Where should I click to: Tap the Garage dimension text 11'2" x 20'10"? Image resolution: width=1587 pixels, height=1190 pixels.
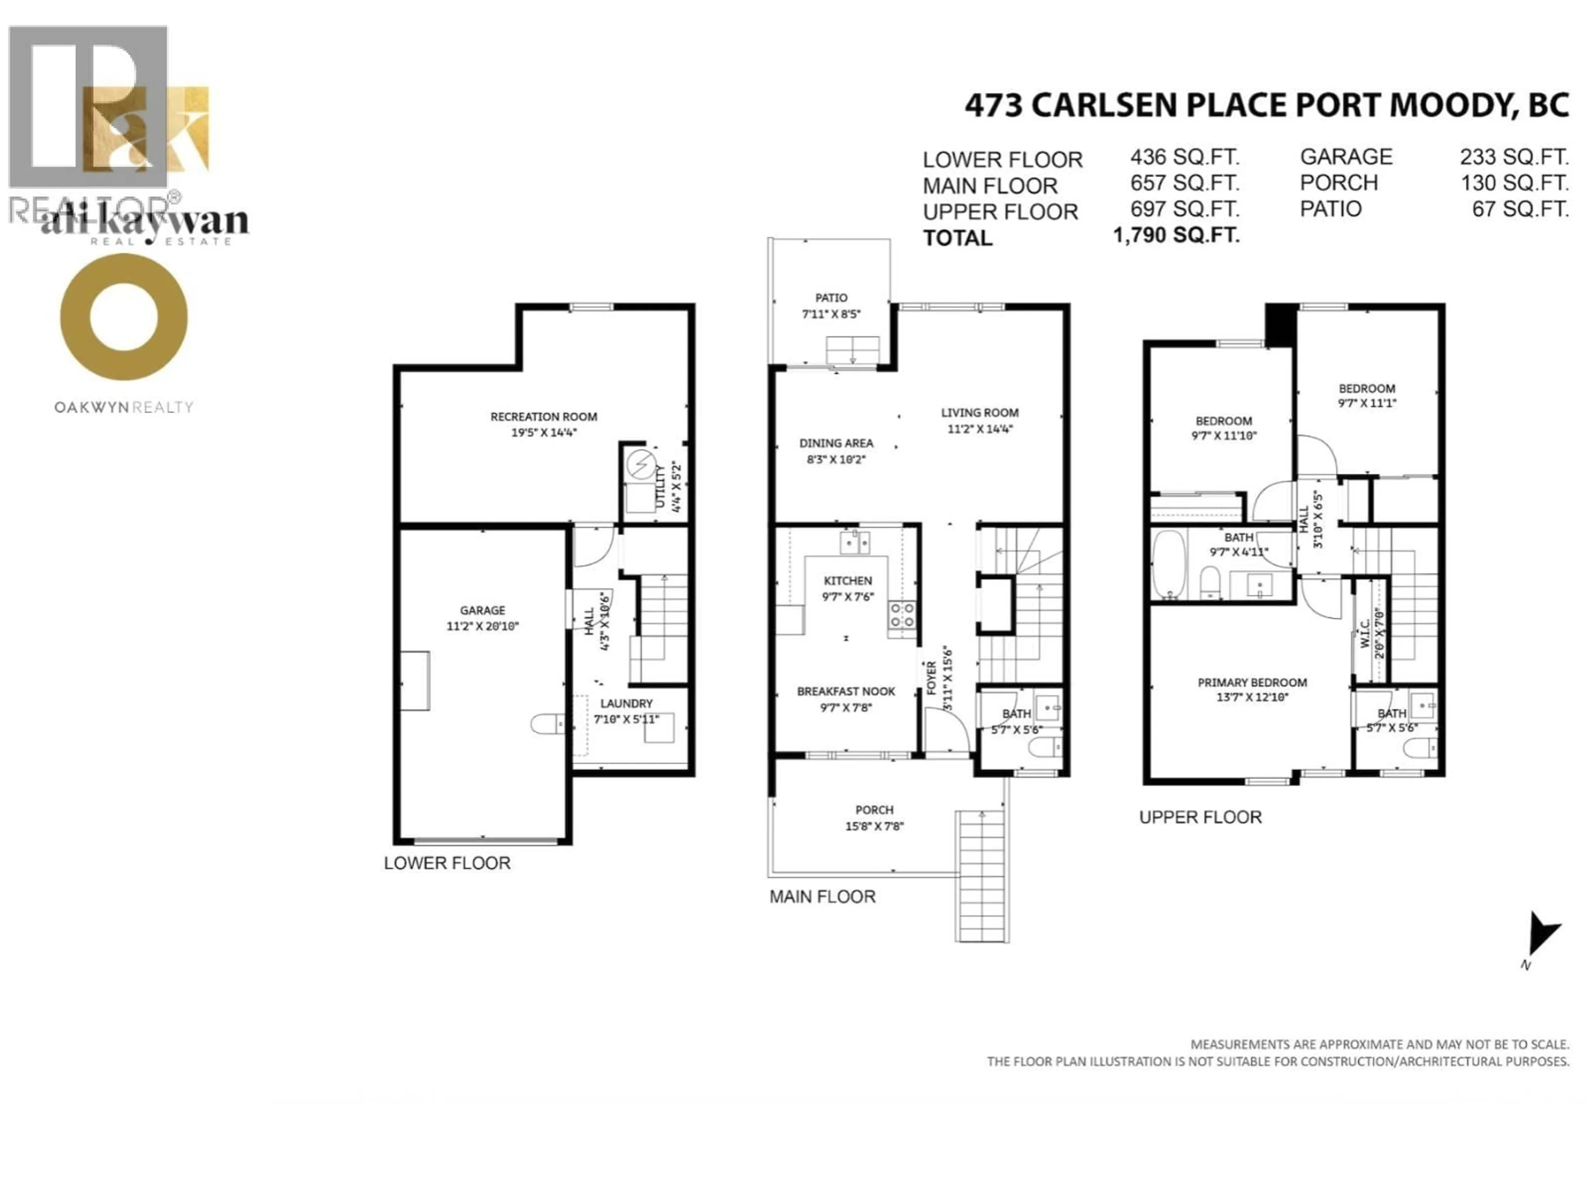(x=482, y=626)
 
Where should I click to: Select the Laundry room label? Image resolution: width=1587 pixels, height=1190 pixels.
(x=627, y=704)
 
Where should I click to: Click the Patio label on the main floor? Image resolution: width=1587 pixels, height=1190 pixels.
(x=831, y=297)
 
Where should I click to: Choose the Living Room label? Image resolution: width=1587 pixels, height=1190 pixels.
(x=979, y=412)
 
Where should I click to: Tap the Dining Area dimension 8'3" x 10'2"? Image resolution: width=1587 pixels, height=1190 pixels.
(x=836, y=459)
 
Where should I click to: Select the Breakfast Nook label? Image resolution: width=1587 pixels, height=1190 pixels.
(x=846, y=691)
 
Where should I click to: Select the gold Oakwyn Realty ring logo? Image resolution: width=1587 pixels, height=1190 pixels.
(x=124, y=317)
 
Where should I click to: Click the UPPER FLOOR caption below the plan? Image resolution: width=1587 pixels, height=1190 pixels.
(x=1200, y=817)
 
